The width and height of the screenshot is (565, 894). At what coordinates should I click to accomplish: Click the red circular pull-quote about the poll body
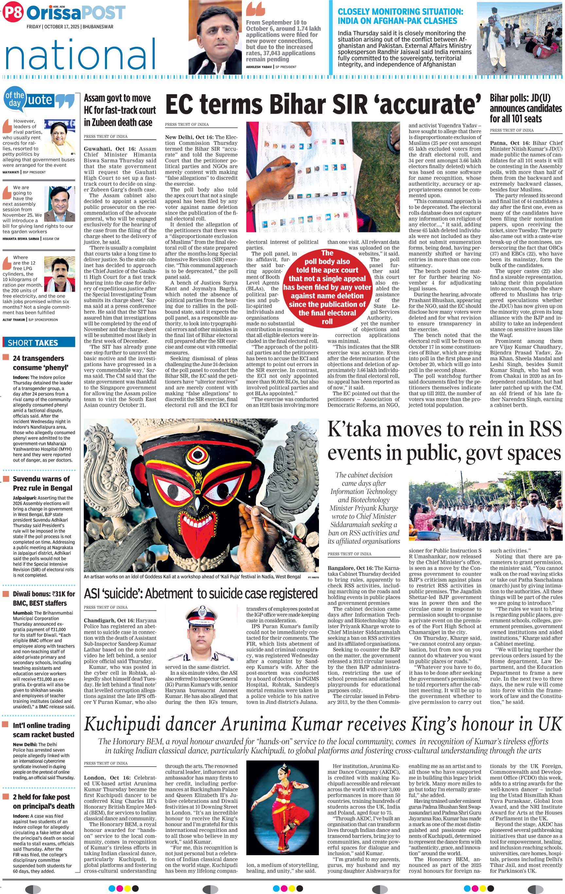coord(327,287)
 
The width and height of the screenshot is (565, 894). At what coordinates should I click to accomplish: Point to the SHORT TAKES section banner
coord(39,342)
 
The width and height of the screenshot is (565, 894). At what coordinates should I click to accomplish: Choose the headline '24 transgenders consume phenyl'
coord(38,363)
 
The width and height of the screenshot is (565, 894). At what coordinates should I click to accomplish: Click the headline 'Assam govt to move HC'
coord(120,110)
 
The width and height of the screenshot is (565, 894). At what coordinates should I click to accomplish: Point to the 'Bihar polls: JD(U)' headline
coord(525,108)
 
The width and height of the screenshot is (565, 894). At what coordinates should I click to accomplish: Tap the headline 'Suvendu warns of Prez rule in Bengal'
coord(42,483)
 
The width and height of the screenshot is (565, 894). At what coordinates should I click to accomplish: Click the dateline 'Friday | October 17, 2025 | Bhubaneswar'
coord(70,27)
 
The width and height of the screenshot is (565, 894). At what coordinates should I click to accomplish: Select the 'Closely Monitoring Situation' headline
coord(400,16)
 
